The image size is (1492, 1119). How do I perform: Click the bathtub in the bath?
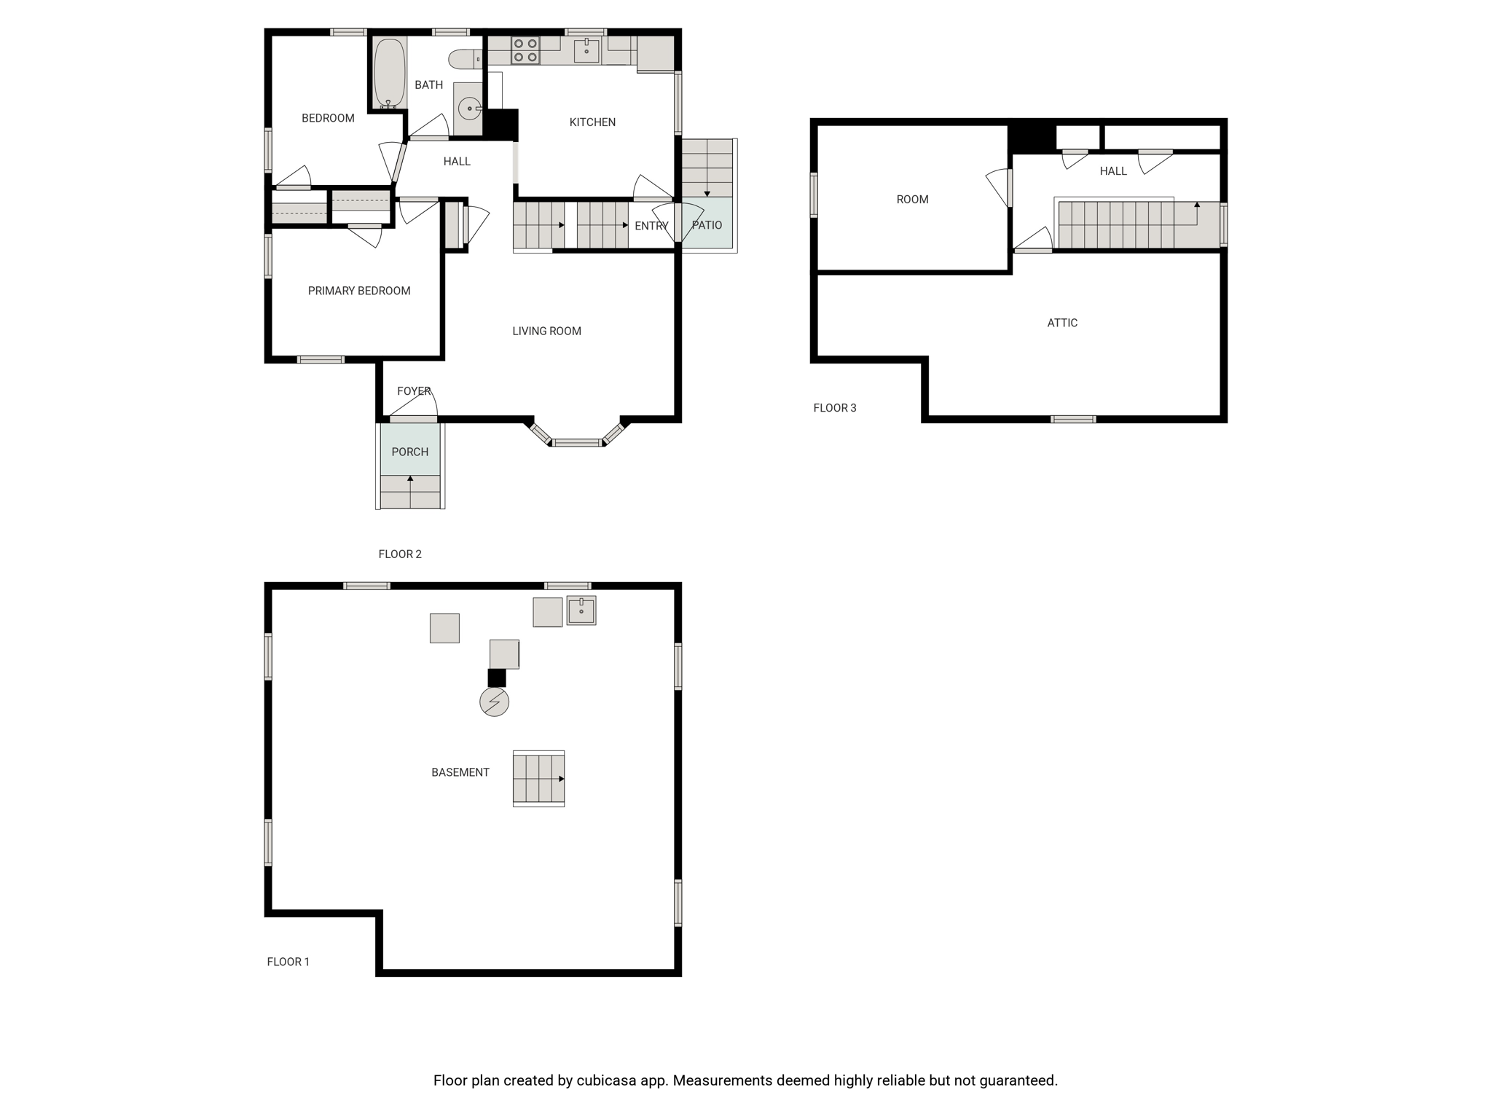[389, 74]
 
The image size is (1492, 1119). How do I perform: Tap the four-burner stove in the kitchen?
[525, 50]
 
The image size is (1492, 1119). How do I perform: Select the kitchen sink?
[586, 51]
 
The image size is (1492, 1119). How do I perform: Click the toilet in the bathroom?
[466, 59]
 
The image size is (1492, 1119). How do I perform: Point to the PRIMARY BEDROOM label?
[359, 291]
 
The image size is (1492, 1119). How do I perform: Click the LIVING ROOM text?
[546, 331]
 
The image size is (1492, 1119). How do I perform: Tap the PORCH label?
[410, 452]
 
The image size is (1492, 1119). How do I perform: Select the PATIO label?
[707, 225]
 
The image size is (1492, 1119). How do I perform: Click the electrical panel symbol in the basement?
[494, 702]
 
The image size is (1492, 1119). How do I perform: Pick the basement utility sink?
[581, 610]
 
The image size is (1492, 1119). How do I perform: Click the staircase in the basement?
[539, 779]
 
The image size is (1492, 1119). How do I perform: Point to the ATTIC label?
[1062, 323]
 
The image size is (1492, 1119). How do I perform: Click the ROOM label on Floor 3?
[912, 200]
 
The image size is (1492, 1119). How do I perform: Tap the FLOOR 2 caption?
[400, 554]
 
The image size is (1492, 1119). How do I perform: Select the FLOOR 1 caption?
[288, 962]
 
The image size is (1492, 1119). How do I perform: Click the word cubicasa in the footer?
[604, 1080]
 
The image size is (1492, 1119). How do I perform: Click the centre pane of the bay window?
[577, 443]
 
